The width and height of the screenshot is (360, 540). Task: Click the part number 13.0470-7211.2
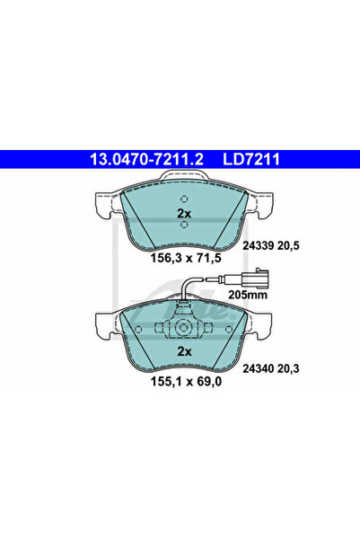point(146,159)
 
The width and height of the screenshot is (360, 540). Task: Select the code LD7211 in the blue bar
point(251,159)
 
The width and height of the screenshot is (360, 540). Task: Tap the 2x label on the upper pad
point(184,214)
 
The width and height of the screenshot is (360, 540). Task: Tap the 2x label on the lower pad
point(184,351)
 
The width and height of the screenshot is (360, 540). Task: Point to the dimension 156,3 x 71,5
point(186,258)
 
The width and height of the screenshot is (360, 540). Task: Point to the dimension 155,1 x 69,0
point(186,381)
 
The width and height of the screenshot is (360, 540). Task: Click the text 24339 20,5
point(271,245)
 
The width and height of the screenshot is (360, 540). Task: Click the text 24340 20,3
point(271,368)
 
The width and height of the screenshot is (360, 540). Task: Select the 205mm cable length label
point(248,295)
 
